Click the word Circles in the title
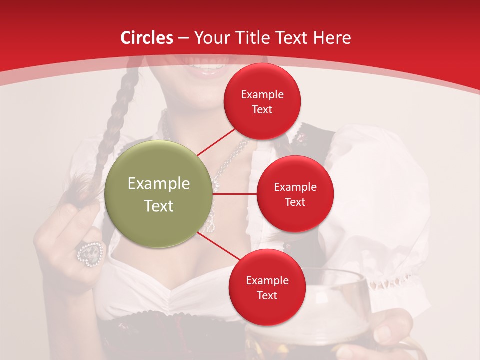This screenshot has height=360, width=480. [x=147, y=37]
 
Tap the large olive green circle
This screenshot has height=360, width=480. [x=159, y=194]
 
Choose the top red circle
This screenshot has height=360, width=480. [x=262, y=101]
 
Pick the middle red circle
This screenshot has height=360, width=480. [x=295, y=194]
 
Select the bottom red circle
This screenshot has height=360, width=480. [x=267, y=287]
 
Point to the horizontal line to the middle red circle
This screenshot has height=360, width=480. [x=235, y=194]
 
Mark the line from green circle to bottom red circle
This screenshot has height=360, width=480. [x=220, y=247]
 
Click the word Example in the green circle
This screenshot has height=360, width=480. [x=159, y=184]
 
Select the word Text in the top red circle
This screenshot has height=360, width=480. [x=262, y=110]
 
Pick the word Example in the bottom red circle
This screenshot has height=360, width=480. [x=267, y=280]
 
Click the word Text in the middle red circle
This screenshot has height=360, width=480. [x=295, y=202]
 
